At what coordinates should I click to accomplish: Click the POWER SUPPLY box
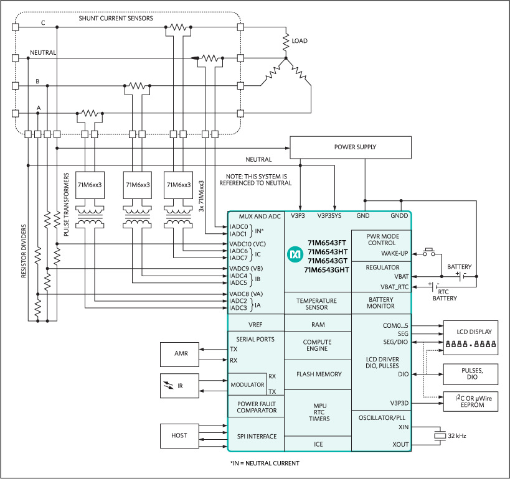coord(351,147)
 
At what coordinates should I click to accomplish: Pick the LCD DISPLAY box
coord(470,338)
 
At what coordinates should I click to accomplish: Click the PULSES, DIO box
coord(470,373)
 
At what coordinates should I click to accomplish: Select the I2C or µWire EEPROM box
coord(470,402)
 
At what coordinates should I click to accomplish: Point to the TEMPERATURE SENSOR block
coord(316,304)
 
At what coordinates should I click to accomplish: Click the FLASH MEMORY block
coord(319,374)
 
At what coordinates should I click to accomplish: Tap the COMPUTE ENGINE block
coord(317,345)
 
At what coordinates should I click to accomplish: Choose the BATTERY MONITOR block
coord(380,303)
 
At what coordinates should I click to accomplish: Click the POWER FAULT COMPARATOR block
coord(256,406)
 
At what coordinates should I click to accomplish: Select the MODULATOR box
coord(247,384)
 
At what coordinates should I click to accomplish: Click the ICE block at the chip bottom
coord(318,444)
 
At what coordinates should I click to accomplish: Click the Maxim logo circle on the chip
coord(294,254)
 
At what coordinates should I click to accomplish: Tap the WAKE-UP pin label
coord(394,253)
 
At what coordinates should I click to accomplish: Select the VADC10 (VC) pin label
coord(247,244)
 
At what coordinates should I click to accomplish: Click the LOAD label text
coord(299,41)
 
